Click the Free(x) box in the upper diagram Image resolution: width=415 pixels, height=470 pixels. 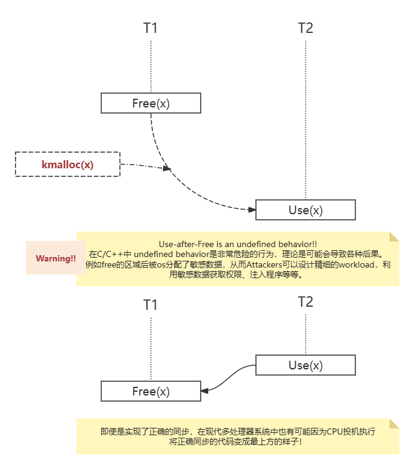click(x=150, y=103)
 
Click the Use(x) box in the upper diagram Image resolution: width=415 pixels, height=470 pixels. click(x=305, y=210)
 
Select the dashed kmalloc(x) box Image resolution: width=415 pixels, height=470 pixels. click(x=67, y=165)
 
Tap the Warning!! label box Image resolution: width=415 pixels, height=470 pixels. click(x=55, y=258)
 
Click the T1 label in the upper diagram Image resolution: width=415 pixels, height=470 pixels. click(x=150, y=28)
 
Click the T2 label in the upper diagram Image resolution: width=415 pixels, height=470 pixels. click(x=305, y=28)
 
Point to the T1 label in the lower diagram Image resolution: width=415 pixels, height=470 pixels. click(x=150, y=304)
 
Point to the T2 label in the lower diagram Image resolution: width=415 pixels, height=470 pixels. click(x=305, y=302)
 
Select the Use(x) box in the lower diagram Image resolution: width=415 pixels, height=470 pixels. click(x=305, y=365)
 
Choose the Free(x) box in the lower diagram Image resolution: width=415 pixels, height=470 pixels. click(x=150, y=391)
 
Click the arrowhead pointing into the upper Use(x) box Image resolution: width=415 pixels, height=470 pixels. click(x=252, y=210)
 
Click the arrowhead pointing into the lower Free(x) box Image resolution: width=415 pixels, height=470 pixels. click(x=205, y=391)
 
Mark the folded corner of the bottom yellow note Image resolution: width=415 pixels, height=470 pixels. click(x=394, y=423)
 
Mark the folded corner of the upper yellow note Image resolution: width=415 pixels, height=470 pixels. click(x=394, y=237)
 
